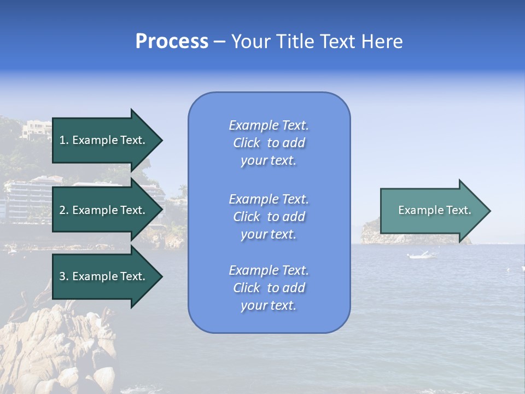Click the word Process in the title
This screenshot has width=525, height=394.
click(x=172, y=42)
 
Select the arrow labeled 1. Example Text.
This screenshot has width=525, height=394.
click(x=104, y=140)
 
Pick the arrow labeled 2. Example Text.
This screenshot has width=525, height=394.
click(x=104, y=210)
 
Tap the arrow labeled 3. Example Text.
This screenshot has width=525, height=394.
click(x=104, y=276)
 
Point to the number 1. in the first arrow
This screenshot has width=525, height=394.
click(x=64, y=140)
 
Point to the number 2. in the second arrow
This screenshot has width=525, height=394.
click(x=64, y=210)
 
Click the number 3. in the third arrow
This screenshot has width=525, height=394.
click(x=64, y=276)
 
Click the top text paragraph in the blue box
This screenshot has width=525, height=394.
click(x=269, y=143)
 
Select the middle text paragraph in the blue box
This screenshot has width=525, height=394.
click(x=269, y=217)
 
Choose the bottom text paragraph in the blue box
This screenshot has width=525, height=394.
click(x=269, y=288)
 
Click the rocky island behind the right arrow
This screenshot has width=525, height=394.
click(x=372, y=233)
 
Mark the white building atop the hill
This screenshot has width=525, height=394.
click(x=36, y=129)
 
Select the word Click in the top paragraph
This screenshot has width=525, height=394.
click(x=247, y=143)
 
